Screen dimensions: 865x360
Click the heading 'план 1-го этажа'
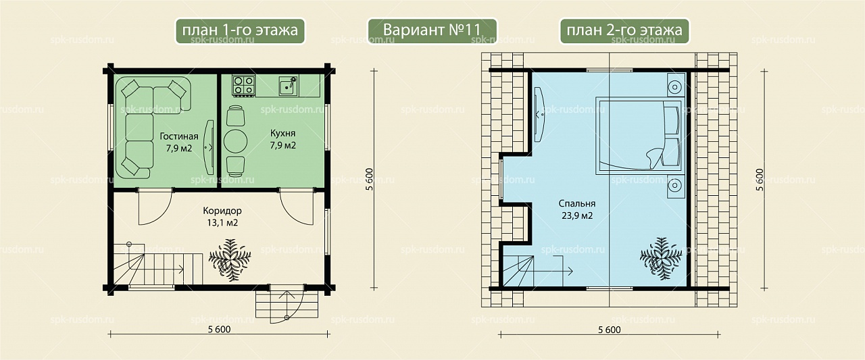coord(240,30)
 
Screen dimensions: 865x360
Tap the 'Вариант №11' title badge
coord(432,30)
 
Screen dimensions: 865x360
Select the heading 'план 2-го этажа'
coord(624,30)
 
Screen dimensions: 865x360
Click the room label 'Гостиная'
coord(179,136)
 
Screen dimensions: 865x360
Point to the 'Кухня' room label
coord(282,134)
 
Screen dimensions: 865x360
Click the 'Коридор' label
coord(222,211)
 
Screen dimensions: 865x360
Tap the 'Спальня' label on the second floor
coord(577,204)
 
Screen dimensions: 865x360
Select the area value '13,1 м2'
coord(222,223)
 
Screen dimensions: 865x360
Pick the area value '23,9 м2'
coord(577,215)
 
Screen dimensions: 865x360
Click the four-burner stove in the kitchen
coord(244,86)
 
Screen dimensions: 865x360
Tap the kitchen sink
coord(289,85)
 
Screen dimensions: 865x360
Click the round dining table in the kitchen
coord(236,141)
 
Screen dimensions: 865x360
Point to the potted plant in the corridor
coord(230,259)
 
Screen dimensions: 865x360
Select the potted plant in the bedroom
coord(661,259)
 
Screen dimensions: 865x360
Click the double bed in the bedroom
coord(639,135)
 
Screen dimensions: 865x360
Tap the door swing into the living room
coord(155,207)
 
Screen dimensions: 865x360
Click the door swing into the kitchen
coord(297,207)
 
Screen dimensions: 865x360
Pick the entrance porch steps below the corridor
coord(287,305)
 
